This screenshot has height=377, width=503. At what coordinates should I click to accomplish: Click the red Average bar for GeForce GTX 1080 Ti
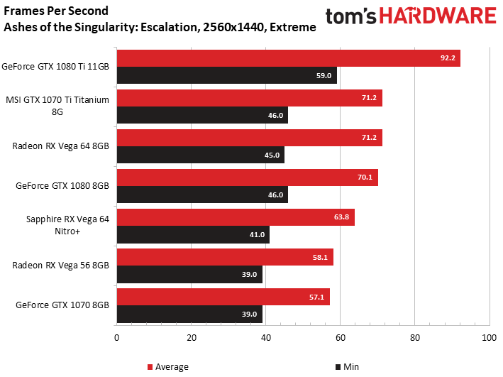tap(288, 58)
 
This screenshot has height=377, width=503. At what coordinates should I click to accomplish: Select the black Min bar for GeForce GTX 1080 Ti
tap(227, 75)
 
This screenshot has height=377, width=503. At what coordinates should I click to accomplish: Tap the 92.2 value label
tap(448, 58)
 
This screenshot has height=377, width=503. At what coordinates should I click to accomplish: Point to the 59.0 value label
tap(324, 75)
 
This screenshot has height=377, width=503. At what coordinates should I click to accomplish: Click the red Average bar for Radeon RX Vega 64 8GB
tap(250, 138)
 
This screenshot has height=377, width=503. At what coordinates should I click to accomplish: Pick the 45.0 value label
tap(272, 155)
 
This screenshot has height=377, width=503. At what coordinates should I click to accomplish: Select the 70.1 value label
tap(365, 177)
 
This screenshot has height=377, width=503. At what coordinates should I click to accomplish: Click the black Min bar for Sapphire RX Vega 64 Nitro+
tap(193, 234)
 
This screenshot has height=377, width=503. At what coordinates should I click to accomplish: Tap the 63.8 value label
tap(341, 217)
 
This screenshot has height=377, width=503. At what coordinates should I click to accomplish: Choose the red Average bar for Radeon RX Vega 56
tap(225, 257)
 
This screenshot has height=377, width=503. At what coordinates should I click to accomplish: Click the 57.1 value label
tap(316, 297)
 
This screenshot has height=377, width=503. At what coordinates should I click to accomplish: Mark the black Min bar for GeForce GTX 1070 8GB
tap(189, 314)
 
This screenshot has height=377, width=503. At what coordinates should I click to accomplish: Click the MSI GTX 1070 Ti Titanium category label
tap(57, 106)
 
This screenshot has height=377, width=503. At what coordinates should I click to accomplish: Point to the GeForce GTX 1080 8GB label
tap(62, 185)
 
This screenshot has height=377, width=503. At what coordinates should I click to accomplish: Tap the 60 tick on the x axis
tap(341, 338)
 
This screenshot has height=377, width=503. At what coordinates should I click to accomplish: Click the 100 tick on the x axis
tap(490, 338)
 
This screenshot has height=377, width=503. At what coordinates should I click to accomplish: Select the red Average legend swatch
tap(150, 367)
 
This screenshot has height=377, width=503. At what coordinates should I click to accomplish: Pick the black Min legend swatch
tap(338, 367)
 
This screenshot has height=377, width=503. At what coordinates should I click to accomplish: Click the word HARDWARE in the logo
tap(438, 16)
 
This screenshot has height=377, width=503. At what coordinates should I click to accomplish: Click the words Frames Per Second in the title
tap(56, 11)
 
